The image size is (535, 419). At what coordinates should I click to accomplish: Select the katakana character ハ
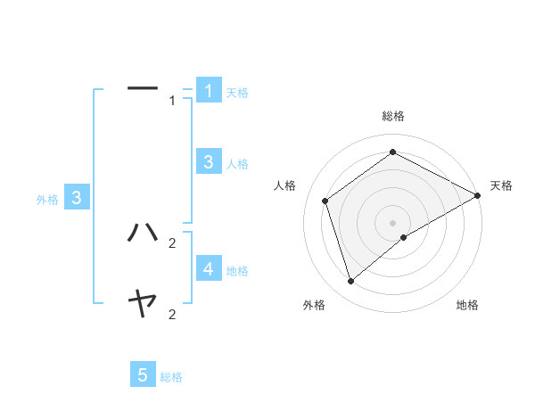click(143, 232)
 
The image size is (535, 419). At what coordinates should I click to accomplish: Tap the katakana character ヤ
click(143, 305)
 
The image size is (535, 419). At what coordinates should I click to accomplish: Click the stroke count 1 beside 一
click(172, 101)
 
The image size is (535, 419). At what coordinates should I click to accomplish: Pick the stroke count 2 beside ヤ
click(172, 314)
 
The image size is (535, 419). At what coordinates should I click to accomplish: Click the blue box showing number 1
click(209, 90)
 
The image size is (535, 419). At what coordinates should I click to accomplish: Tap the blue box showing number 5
click(143, 375)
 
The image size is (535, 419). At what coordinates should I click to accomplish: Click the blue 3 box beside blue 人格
click(209, 161)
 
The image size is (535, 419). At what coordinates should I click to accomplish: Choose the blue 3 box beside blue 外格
click(77, 198)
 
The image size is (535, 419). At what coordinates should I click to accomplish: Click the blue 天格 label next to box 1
click(237, 93)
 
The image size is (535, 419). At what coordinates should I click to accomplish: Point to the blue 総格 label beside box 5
click(171, 377)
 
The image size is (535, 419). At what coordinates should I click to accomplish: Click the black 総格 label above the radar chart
click(393, 116)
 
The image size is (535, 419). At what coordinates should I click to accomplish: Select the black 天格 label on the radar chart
click(501, 185)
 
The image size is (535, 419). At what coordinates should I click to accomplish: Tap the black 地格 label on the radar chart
click(467, 305)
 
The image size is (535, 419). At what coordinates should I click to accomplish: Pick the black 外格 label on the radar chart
click(314, 305)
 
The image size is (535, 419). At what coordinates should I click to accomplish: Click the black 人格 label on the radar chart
click(284, 185)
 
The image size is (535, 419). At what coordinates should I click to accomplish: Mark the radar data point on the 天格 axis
click(478, 195)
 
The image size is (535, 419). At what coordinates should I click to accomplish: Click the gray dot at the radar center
click(393, 223)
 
